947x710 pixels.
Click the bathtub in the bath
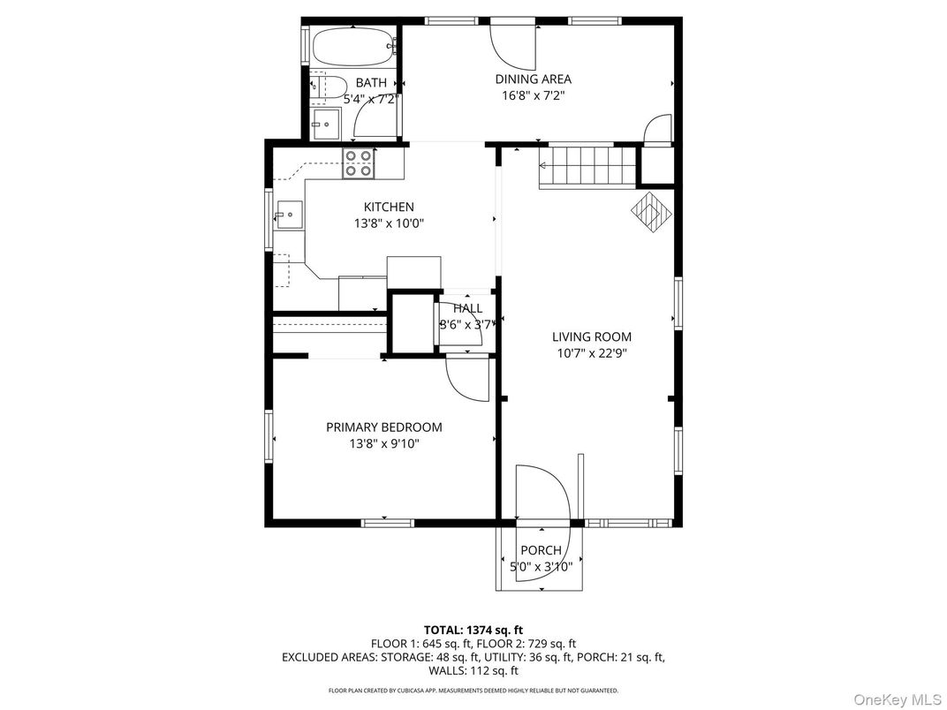[354, 46]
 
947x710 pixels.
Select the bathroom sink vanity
[325, 125]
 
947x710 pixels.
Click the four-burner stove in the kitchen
[358, 163]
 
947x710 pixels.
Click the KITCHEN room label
[389, 207]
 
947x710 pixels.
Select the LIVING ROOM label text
[592, 336]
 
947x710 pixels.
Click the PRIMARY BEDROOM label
[384, 427]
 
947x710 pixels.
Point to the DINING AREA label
[534, 79]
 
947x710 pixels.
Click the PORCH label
[542, 551]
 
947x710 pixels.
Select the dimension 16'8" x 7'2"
[534, 95]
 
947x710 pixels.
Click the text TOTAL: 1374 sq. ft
[473, 631]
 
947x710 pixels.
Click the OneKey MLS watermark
[898, 699]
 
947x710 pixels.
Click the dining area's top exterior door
[512, 45]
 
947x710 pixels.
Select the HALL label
[468, 308]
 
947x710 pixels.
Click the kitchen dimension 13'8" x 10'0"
[389, 223]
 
